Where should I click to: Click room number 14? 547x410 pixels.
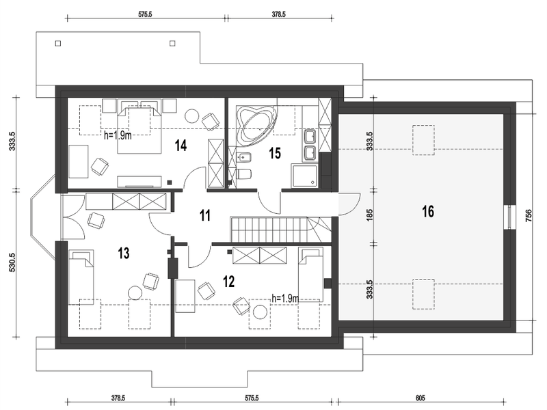coord(181,146)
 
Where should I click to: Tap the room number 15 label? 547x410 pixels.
coord(275,153)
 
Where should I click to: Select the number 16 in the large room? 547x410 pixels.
coord(428,212)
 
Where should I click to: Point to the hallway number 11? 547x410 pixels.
coord(205,215)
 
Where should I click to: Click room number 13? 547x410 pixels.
coord(124,254)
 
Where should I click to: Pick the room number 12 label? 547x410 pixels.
coord(228,282)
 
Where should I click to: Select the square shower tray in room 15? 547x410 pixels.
coord(304,176)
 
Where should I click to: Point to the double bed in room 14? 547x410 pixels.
coord(139,126)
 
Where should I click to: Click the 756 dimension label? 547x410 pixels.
coord(529,216)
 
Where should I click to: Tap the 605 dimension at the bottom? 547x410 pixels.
coord(421,398)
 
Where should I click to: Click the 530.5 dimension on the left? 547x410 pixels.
coord(12,262)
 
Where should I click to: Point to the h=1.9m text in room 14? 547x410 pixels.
coord(118,135)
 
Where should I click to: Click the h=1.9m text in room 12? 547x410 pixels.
coord(285,298)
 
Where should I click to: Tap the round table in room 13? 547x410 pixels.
coord(135,292)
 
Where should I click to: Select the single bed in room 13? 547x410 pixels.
coord(81,277)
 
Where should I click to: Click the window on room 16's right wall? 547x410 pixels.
coord(510,217)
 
